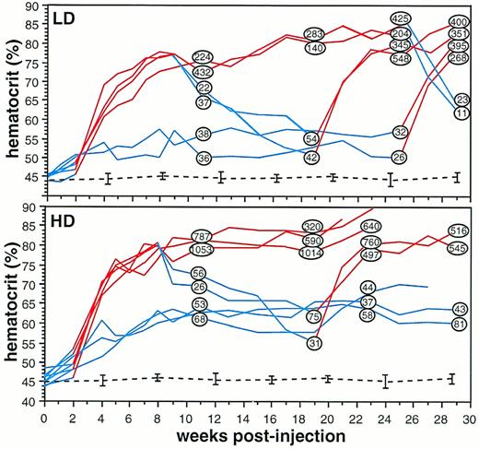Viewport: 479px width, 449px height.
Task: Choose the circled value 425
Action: pos(401,18)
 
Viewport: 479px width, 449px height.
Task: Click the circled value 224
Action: pos(204,57)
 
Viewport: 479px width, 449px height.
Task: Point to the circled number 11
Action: pos(461,113)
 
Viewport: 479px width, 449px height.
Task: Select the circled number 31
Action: pos(314,343)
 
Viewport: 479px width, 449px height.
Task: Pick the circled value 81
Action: pos(461,324)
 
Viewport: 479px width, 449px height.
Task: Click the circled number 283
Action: pos(314,35)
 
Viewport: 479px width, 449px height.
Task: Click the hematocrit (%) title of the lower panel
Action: pos(10,308)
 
